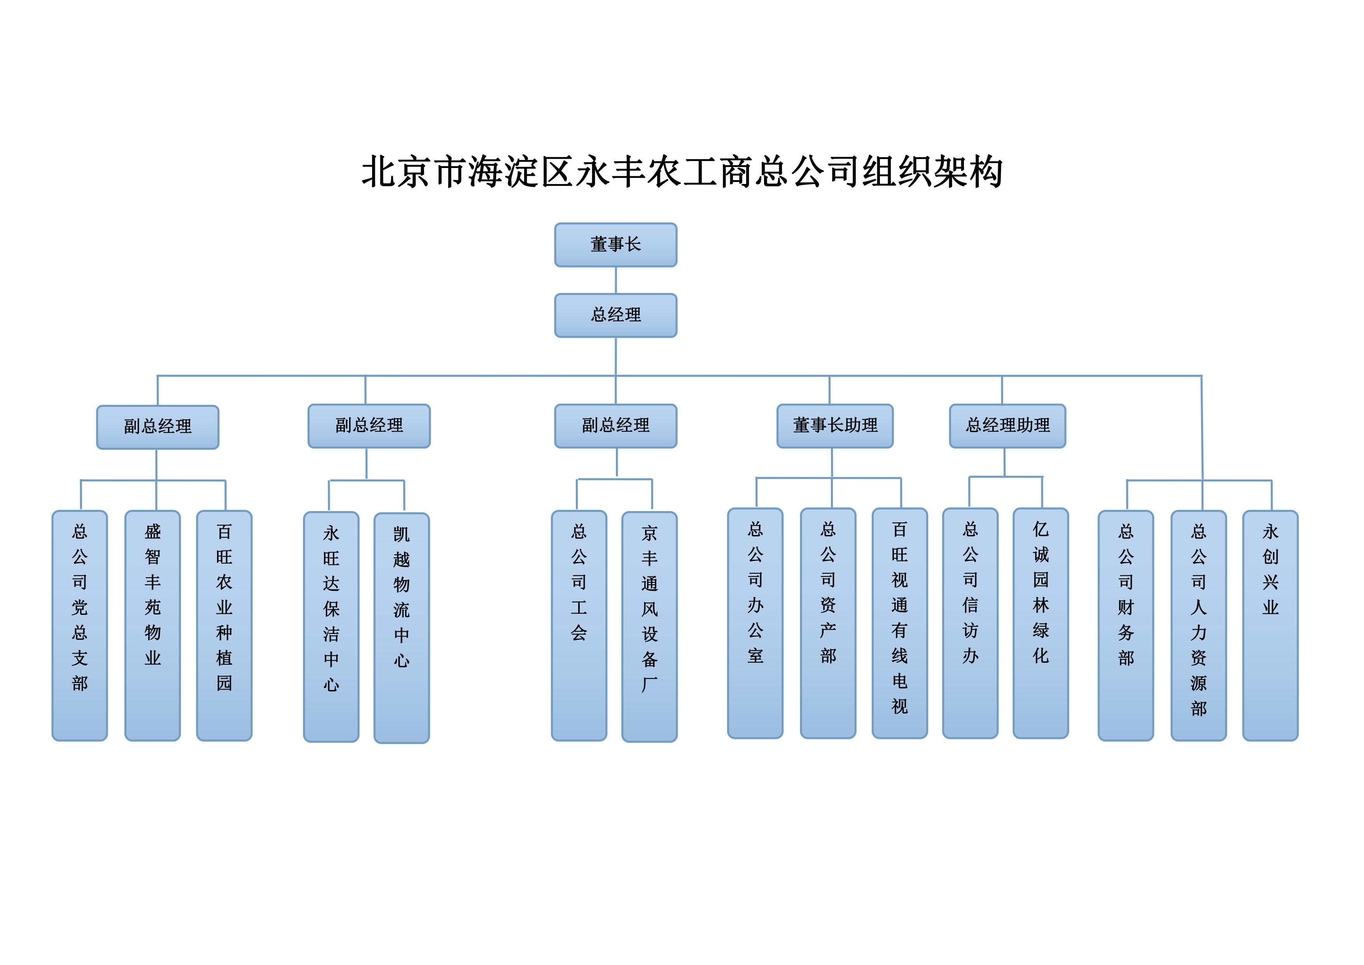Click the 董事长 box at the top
pyautogui.click(x=616, y=245)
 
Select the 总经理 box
pyautogui.click(x=616, y=315)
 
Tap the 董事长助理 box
pyautogui.click(x=835, y=426)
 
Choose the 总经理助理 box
pyautogui.click(x=1007, y=426)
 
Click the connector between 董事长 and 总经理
pyautogui.click(x=616, y=280)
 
